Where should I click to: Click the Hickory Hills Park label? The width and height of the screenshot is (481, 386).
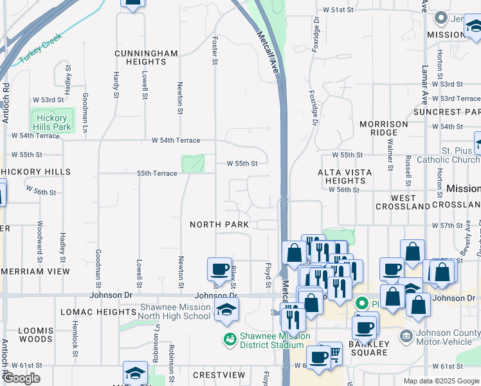coord(52,122)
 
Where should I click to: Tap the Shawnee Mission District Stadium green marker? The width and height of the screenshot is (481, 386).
coord(229,338)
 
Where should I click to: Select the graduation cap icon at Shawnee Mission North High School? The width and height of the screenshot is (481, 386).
coord(226,309)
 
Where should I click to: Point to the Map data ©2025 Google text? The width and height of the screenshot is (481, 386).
coord(440,381)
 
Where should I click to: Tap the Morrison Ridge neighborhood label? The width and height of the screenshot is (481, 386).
coord(384,128)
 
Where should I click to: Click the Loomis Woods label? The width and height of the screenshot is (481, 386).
coord(35,335)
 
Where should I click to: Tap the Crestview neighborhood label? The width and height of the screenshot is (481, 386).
coord(219,374)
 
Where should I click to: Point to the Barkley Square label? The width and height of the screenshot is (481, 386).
coord(368,347)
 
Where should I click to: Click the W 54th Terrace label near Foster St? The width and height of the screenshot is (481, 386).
coord(176,140)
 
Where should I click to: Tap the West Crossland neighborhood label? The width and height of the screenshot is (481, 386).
coord(412,203)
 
